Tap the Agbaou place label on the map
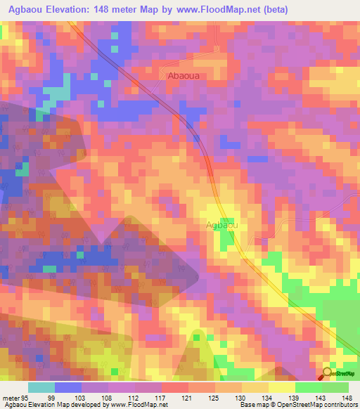[221, 225]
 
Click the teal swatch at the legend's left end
[41, 387]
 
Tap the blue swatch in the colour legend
[68, 387]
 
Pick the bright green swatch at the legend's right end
[335, 387]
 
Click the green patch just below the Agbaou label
[226, 239]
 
